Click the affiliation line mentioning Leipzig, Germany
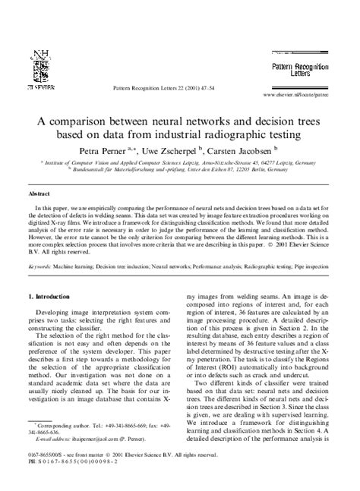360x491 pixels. point(179,162)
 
